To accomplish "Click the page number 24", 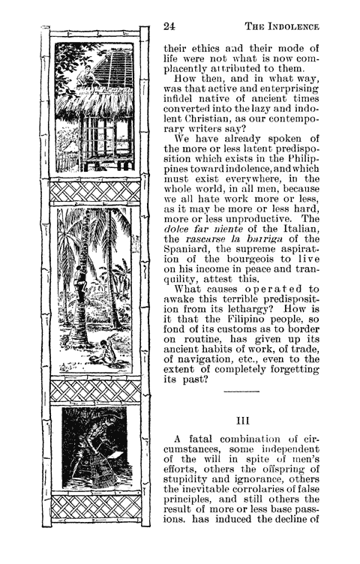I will pyautogui.click(x=169, y=26).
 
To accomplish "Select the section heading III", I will pyautogui.click(x=241, y=430).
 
